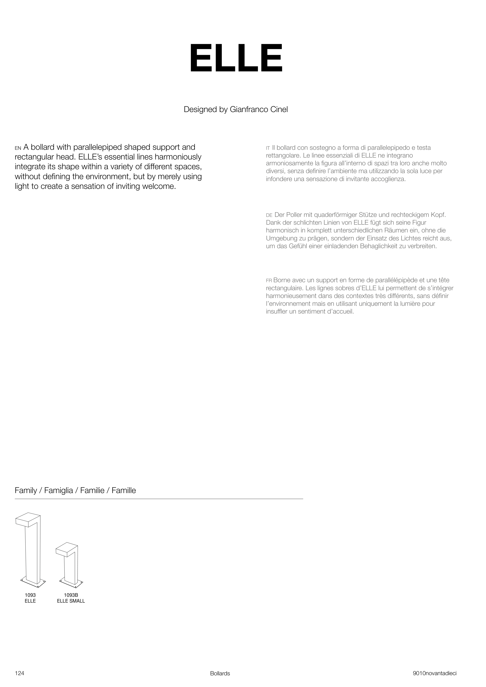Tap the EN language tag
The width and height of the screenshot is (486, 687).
point(18,148)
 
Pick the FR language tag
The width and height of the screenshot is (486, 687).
point(269,281)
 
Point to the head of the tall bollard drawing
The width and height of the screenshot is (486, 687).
point(28,521)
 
